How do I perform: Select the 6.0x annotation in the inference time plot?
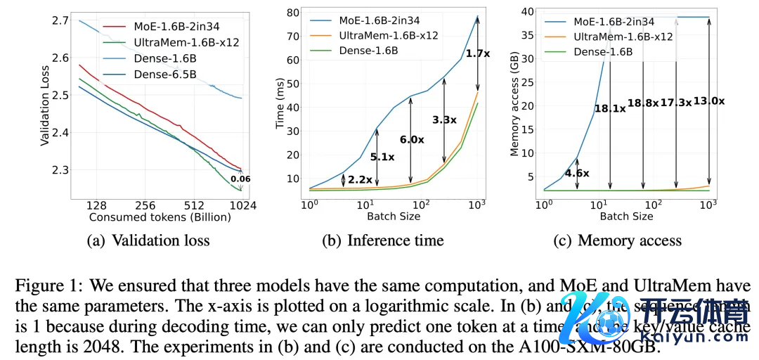click(x=413, y=139)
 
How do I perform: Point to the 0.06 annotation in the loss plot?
click(x=240, y=179)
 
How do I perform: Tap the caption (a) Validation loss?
click(x=148, y=240)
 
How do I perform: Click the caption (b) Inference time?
click(x=383, y=240)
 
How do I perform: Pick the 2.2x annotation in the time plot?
click(x=359, y=180)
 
